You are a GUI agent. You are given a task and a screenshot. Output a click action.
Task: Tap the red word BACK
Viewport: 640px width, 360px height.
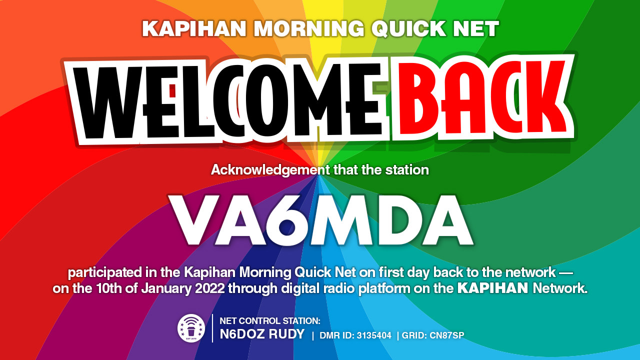[x=483, y=97]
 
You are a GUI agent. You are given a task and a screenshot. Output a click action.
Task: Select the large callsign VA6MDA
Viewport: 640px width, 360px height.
[x=320, y=220]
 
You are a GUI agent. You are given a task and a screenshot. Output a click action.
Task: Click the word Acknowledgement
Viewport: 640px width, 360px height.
[x=270, y=170]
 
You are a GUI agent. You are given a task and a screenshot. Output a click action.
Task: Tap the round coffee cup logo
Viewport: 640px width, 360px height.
[x=191, y=328]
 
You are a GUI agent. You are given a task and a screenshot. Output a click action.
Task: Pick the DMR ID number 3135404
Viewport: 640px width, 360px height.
[x=374, y=335]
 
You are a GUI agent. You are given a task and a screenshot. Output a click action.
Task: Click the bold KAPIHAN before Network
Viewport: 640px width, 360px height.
[x=493, y=288]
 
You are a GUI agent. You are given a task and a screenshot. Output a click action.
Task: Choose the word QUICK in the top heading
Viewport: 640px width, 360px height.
[x=409, y=28]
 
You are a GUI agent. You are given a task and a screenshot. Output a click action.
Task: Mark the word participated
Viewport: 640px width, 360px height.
[x=104, y=273]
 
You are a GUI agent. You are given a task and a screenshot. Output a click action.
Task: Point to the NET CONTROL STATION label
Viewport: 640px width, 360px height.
[x=270, y=321]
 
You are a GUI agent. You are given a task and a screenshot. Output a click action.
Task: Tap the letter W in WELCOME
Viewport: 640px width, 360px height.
[x=108, y=103]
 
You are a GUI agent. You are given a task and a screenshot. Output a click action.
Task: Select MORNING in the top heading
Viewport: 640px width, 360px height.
[x=309, y=28]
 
